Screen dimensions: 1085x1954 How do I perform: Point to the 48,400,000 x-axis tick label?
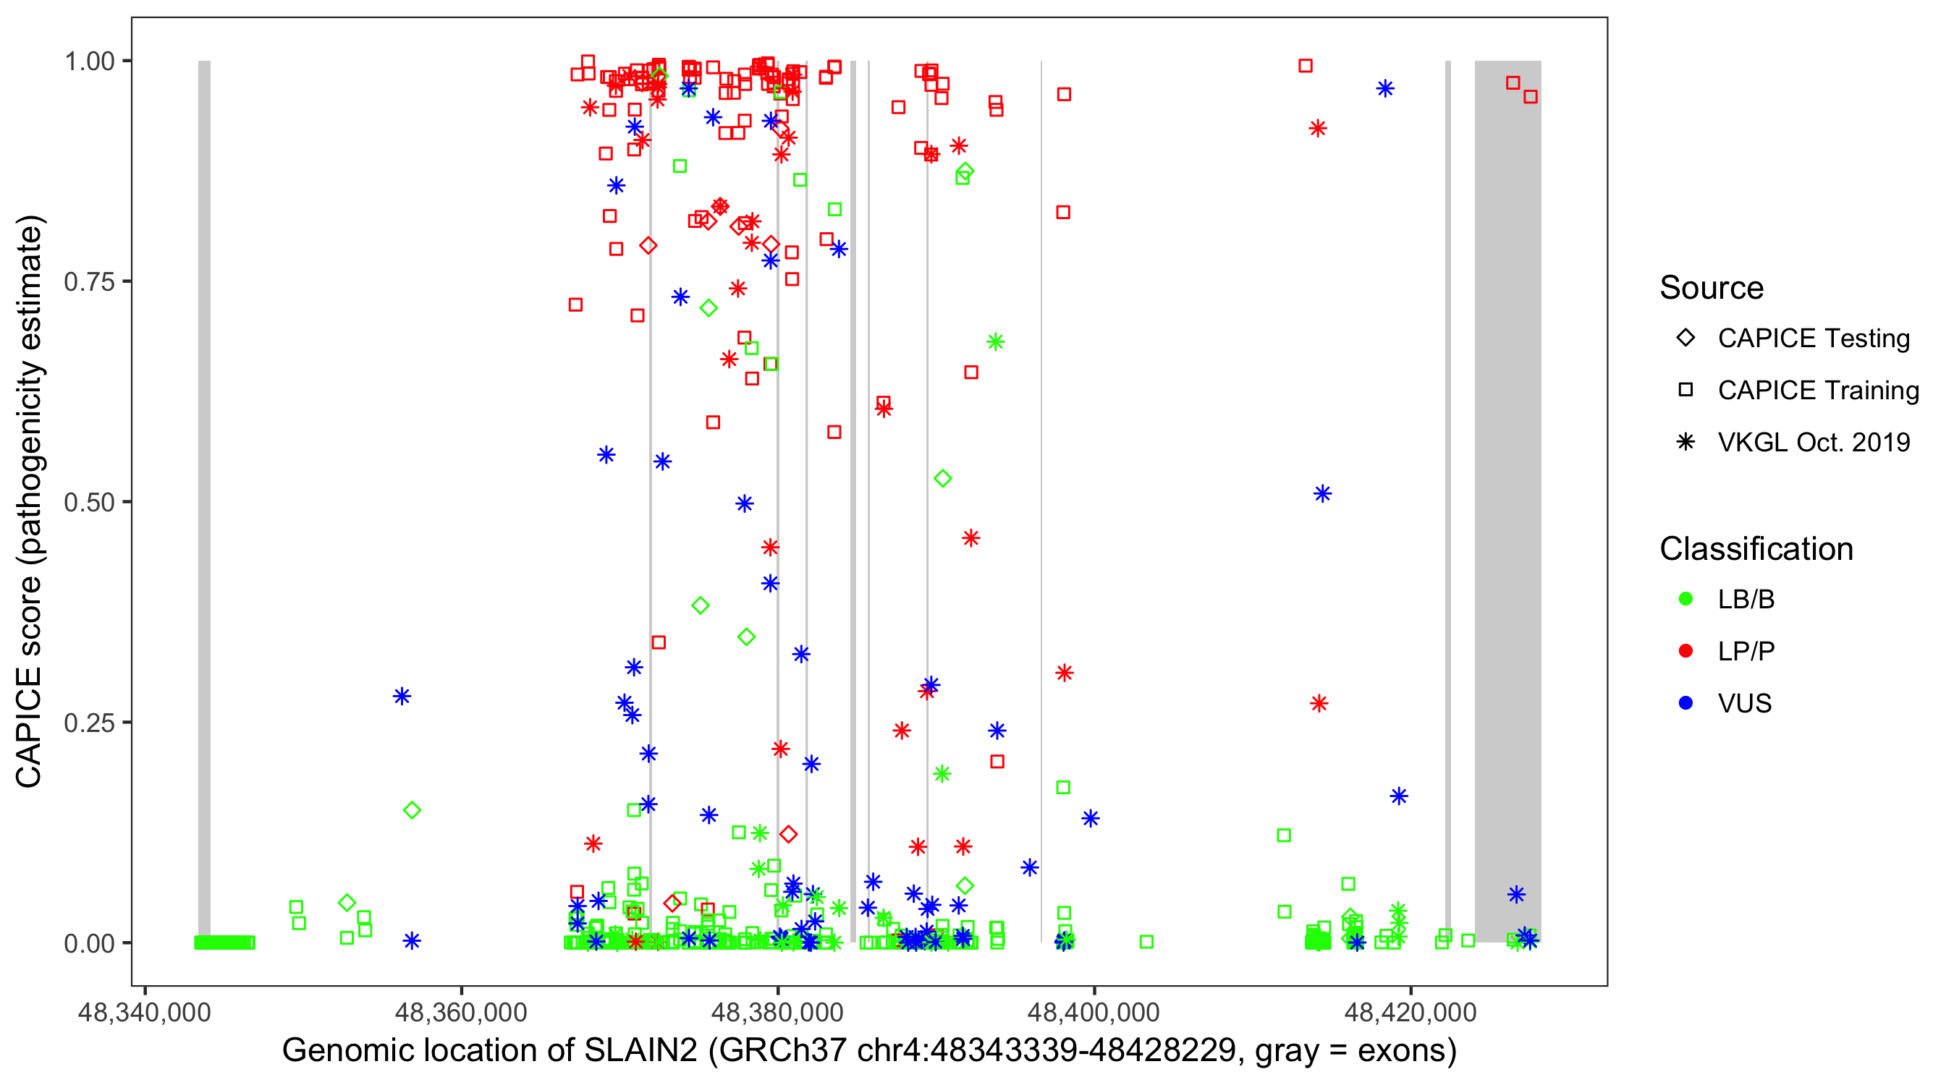[x=1093, y=1012]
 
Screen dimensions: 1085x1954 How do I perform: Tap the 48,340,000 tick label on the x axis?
[x=144, y=1012]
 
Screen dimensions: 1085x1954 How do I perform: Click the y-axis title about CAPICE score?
[x=30, y=502]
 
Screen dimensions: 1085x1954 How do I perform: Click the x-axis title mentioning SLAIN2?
[x=869, y=1051]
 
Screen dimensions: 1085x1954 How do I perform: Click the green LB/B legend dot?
[x=1686, y=600]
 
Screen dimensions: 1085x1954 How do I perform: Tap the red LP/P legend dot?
[x=1686, y=651]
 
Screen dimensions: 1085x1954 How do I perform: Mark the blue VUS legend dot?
[x=1686, y=704]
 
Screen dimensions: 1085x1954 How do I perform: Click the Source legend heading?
[x=1712, y=288]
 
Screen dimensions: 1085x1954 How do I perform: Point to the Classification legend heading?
[x=1756, y=549]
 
